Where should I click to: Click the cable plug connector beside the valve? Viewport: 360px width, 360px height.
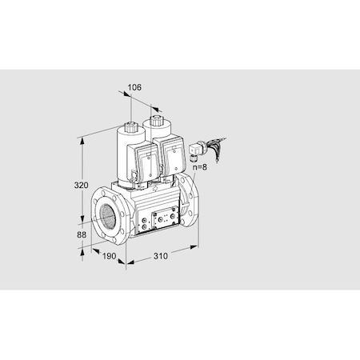click(x=195, y=149)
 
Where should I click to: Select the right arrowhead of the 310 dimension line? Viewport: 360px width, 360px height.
click(x=197, y=246)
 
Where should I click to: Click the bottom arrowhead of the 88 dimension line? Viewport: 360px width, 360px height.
click(x=82, y=247)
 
